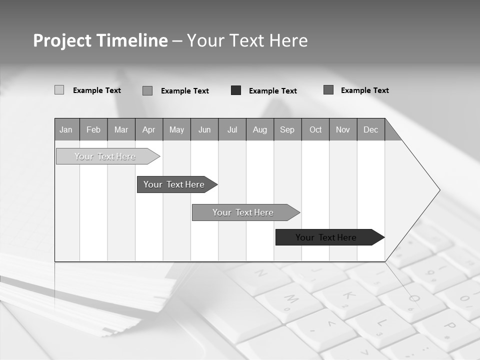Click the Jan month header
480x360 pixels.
[66, 129]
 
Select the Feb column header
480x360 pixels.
[93, 129]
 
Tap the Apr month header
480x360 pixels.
[149, 129]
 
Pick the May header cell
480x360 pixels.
[176, 129]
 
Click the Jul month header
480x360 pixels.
[232, 129]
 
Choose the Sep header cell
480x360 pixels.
[287, 129]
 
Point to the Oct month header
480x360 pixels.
[315, 129]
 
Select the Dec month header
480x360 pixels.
[371, 129]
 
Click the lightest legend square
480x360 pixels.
[59, 90]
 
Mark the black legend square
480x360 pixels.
[236, 90]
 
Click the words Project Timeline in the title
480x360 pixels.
[100, 40]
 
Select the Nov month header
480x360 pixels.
[343, 129]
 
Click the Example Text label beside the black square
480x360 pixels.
[273, 91]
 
